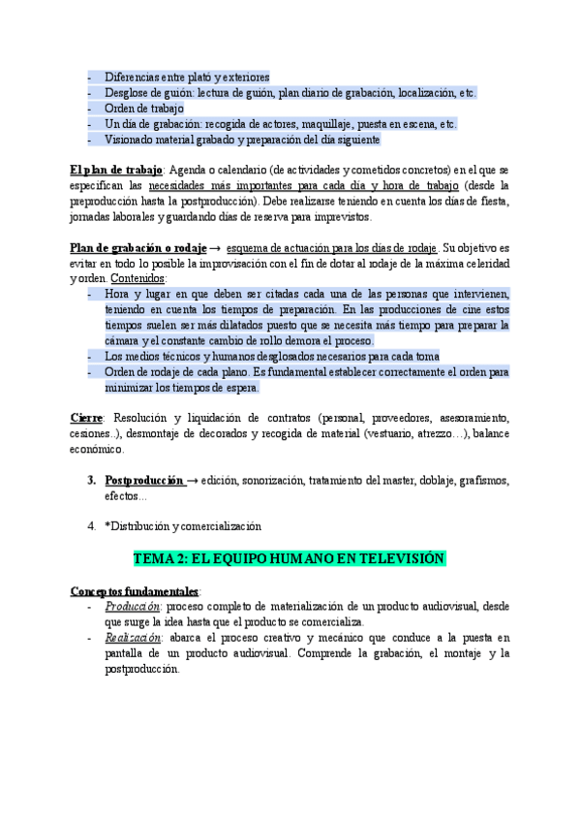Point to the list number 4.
tap(90, 526)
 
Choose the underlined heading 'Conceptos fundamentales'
tap(135, 590)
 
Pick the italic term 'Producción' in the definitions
tap(132, 606)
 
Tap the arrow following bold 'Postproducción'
tap(193, 481)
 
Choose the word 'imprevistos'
tap(339, 216)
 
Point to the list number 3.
tap(90, 481)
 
